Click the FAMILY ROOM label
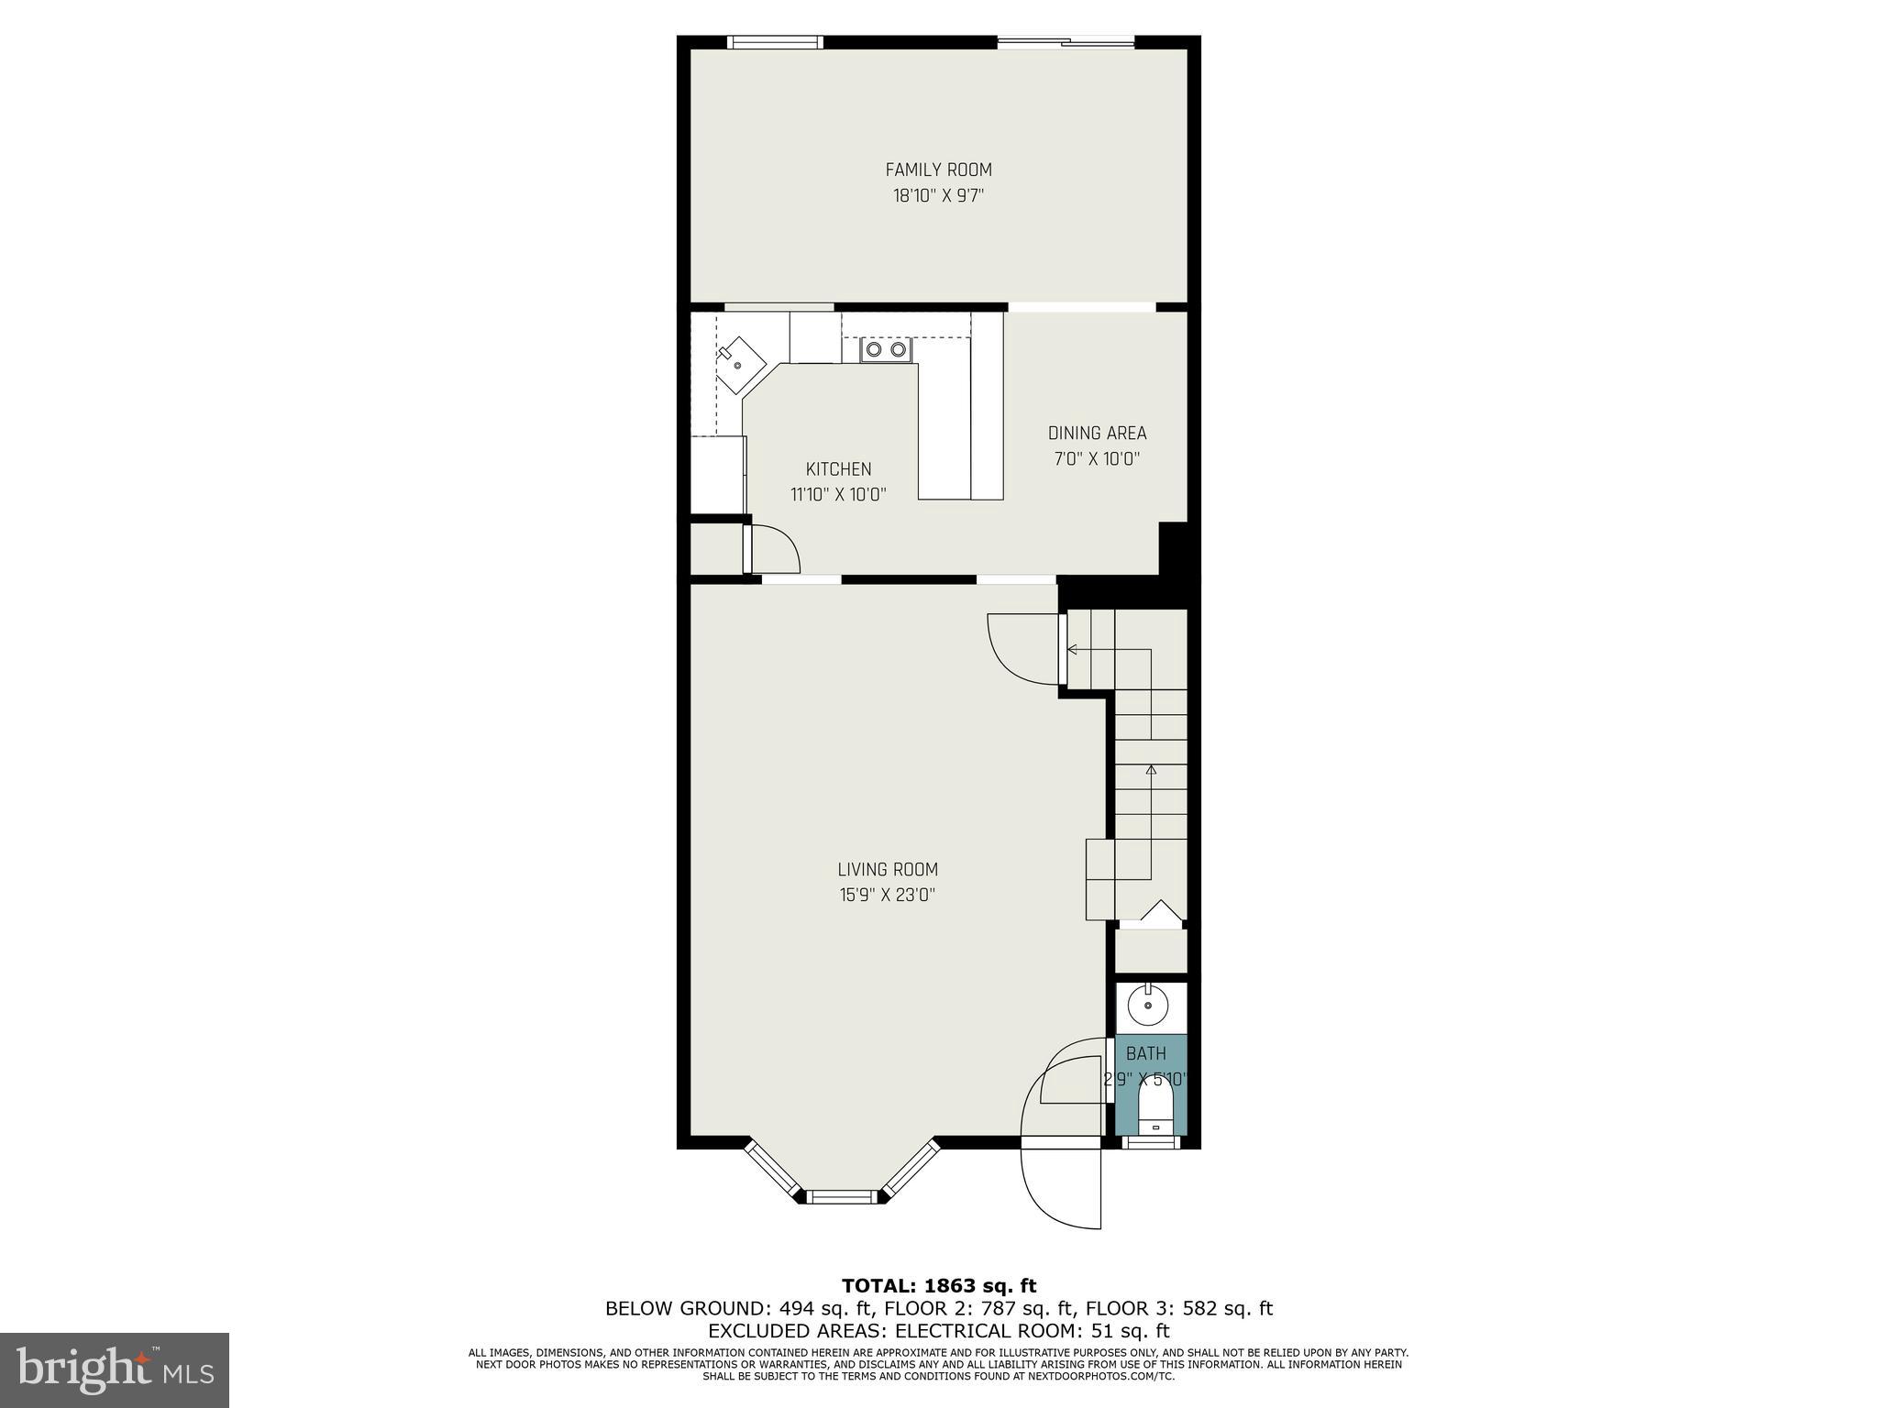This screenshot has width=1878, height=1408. [x=938, y=170]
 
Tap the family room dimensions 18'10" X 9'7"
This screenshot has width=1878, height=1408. [x=938, y=195]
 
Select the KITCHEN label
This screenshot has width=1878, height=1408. [x=838, y=469]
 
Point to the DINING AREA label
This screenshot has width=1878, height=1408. [x=1097, y=433]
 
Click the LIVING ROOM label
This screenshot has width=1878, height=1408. [x=888, y=869]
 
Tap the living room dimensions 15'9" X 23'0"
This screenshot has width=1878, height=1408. [x=888, y=895]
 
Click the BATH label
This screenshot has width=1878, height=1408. [x=1145, y=1054]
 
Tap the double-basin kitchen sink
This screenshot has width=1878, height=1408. [x=886, y=349]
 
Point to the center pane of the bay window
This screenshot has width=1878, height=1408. [x=841, y=1195]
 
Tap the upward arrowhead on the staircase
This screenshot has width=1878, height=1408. [x=1151, y=770]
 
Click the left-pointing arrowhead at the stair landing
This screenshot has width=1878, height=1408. [x=1071, y=650]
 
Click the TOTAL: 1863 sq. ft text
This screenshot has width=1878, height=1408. [x=938, y=1286]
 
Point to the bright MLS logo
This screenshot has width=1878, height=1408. [x=114, y=1369]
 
